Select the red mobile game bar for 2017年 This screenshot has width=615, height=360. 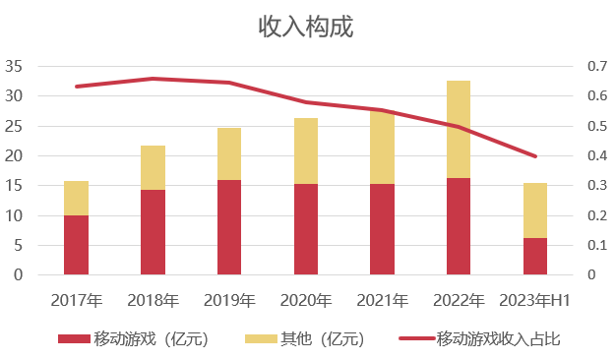click(76, 245)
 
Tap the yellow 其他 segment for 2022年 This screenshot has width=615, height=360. click(458, 129)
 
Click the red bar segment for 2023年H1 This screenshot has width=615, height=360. click(534, 256)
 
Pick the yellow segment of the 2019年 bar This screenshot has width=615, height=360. click(228, 153)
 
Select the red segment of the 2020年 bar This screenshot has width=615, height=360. click(305, 229)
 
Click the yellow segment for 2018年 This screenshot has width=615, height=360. click(153, 167)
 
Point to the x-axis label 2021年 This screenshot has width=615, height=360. click(382, 300)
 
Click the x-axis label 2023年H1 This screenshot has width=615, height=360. click(534, 300)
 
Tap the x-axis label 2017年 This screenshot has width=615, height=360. click(76, 300)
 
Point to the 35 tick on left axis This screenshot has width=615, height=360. click(14, 67)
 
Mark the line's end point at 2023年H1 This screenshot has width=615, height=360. click(534, 156)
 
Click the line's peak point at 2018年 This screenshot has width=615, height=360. click(153, 79)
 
